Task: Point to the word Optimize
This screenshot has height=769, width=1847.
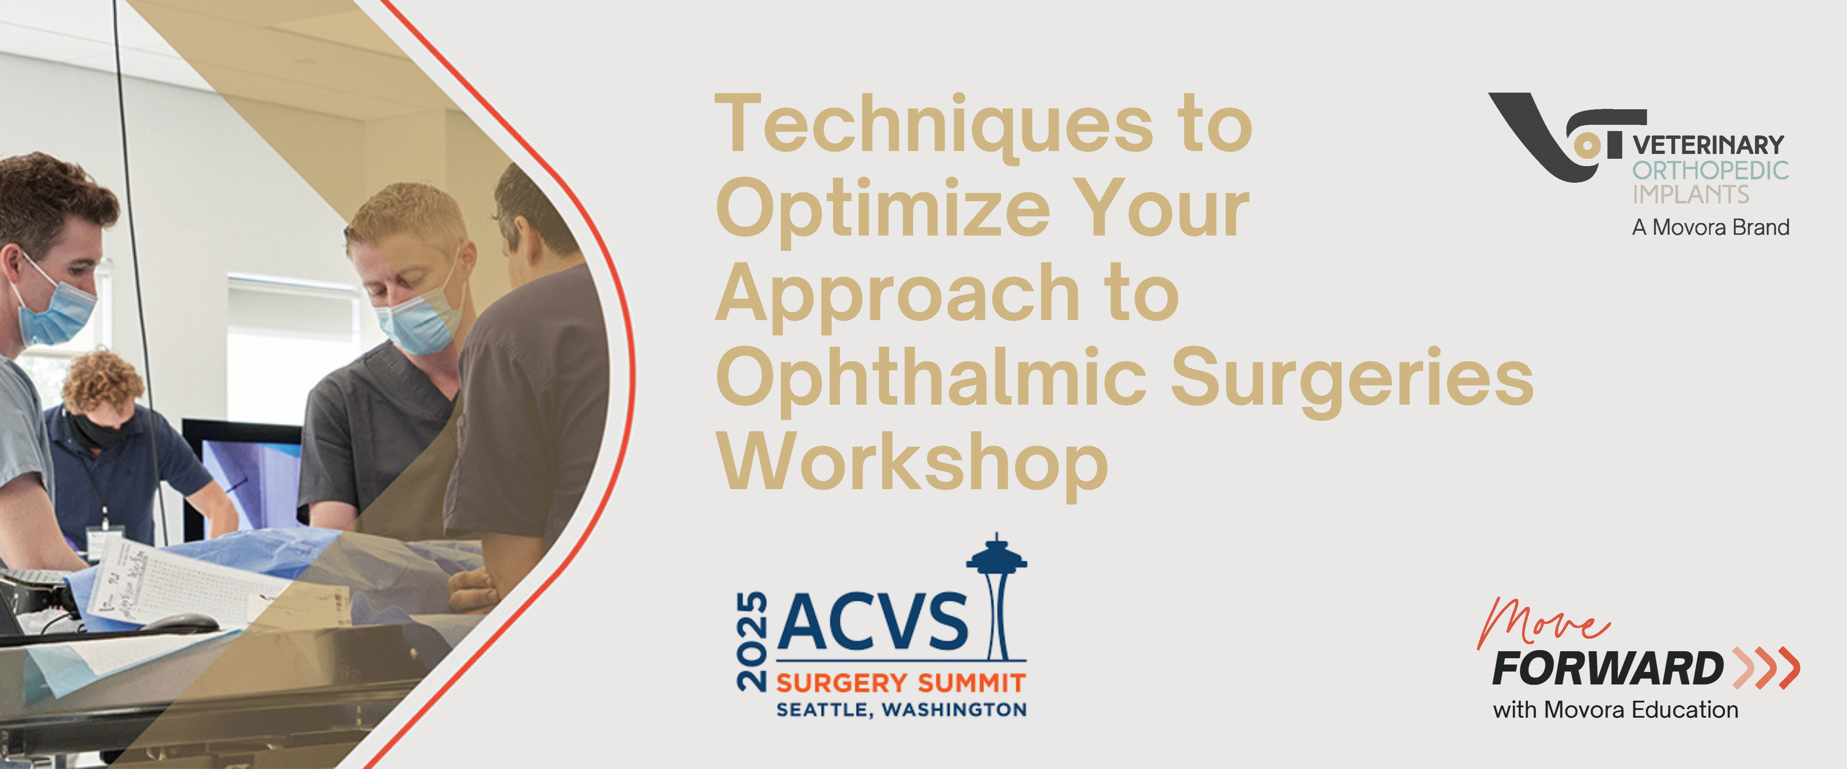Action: [x=883, y=210]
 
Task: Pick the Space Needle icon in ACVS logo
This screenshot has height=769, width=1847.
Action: [x=997, y=595]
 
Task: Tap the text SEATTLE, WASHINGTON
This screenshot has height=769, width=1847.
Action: [x=901, y=710]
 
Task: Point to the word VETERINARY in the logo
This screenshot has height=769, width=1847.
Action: [x=1708, y=145]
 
